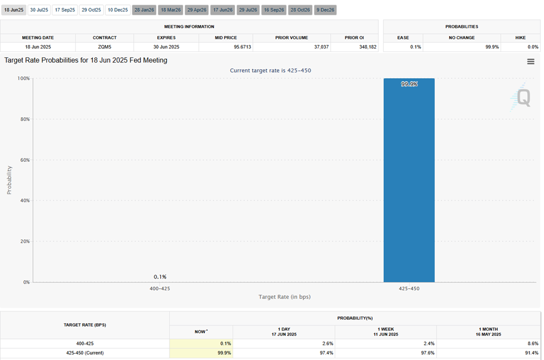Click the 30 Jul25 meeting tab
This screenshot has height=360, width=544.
coord(39,10)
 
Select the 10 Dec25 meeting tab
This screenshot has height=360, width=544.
coord(118,10)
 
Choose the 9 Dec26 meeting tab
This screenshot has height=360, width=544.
coord(325,10)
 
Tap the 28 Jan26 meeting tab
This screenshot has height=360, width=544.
coord(144,10)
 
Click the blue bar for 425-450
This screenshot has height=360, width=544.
coord(408,184)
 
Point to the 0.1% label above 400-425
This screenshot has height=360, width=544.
coord(160,277)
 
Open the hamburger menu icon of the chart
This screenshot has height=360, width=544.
coord(531,61)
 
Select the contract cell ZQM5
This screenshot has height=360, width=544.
coord(104,47)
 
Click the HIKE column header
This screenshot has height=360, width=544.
coord(520,38)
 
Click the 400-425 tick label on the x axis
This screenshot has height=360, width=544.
coord(160,289)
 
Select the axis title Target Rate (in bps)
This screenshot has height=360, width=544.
coord(284,297)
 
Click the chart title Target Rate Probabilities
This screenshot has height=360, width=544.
coord(85,60)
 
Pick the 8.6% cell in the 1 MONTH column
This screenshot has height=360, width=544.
coord(532,344)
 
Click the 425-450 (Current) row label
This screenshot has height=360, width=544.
coord(85,353)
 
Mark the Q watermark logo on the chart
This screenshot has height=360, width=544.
coord(523,98)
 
